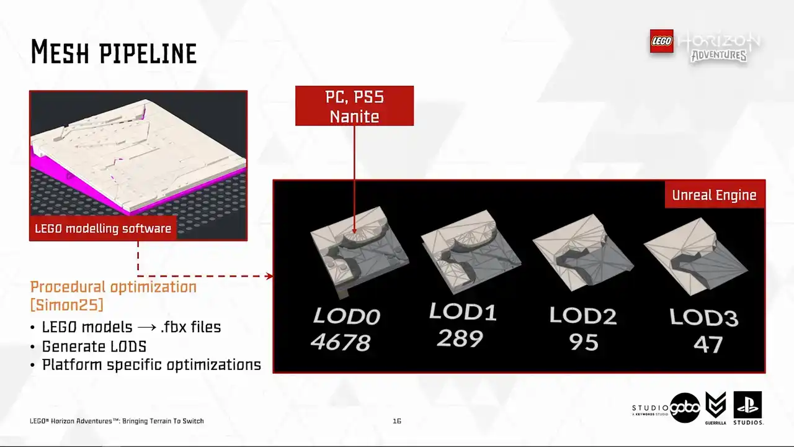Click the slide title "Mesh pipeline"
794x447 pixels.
tap(114, 52)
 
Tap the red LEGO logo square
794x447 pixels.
tap(661, 41)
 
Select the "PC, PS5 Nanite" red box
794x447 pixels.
tap(354, 106)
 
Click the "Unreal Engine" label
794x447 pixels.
tap(714, 195)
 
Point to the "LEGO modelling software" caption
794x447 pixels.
tap(103, 228)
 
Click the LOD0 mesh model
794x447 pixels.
tap(359, 251)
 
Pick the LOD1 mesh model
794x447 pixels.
tap(471, 252)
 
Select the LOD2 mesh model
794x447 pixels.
tap(583, 253)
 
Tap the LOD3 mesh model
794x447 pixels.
tap(695, 256)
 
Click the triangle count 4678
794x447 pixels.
tap(341, 342)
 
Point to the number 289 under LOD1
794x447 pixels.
tap(460, 338)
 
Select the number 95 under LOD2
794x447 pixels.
tap(584, 342)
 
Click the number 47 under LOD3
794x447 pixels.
tap(708, 345)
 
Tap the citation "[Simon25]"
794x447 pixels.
tap(67, 305)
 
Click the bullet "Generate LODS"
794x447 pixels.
tap(94, 346)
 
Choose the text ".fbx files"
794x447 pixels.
tap(190, 327)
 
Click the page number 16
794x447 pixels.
tap(396, 421)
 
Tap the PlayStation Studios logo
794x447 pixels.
tap(748, 408)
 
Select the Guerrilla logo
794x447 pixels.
tap(715, 408)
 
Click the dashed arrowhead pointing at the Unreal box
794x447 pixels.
tap(270, 276)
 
